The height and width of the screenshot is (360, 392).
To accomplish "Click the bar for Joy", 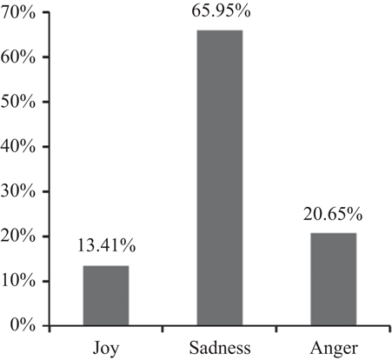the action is tap(106, 296).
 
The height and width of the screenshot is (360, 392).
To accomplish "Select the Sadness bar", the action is tap(220, 177).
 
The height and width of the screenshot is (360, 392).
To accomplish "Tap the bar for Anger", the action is tap(334, 279).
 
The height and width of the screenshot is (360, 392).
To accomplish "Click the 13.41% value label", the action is tap(106, 246).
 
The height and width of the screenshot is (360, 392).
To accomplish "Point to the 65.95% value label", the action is tap(221, 10).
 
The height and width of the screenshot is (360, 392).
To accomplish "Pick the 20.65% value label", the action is tap(333, 214).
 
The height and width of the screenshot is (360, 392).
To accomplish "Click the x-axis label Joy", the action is tap(106, 349).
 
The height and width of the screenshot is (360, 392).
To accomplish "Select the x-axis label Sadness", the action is tap(220, 348).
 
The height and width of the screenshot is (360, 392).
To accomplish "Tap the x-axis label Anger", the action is tap(334, 349).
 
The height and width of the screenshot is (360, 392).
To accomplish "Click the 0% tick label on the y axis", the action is tap(23, 325).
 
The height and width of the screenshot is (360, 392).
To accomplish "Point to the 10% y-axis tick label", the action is tap(18, 281).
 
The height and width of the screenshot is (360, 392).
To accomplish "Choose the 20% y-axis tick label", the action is tap(18, 236).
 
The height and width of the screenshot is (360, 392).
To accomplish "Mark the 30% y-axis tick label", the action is tap(18, 191).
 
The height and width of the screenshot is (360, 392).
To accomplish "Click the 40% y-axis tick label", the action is tap(18, 146).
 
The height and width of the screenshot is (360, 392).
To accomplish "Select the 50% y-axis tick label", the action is tap(18, 102).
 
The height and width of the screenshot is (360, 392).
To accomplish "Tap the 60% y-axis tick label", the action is tap(18, 57).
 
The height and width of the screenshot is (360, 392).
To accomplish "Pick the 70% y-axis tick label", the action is tap(18, 12).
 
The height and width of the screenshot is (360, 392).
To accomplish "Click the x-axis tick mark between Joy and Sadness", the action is tap(163, 329).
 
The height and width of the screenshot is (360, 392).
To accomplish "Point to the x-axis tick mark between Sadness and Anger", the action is tap(276, 329).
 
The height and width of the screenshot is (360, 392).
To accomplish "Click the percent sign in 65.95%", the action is tap(243, 10).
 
